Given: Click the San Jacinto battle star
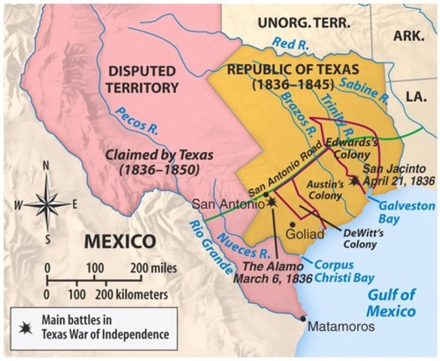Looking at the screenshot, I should point(355,181).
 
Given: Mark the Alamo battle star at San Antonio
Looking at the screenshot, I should point(272,202).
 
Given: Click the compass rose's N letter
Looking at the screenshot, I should point(47,165).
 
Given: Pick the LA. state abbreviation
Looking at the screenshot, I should point(414,97).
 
